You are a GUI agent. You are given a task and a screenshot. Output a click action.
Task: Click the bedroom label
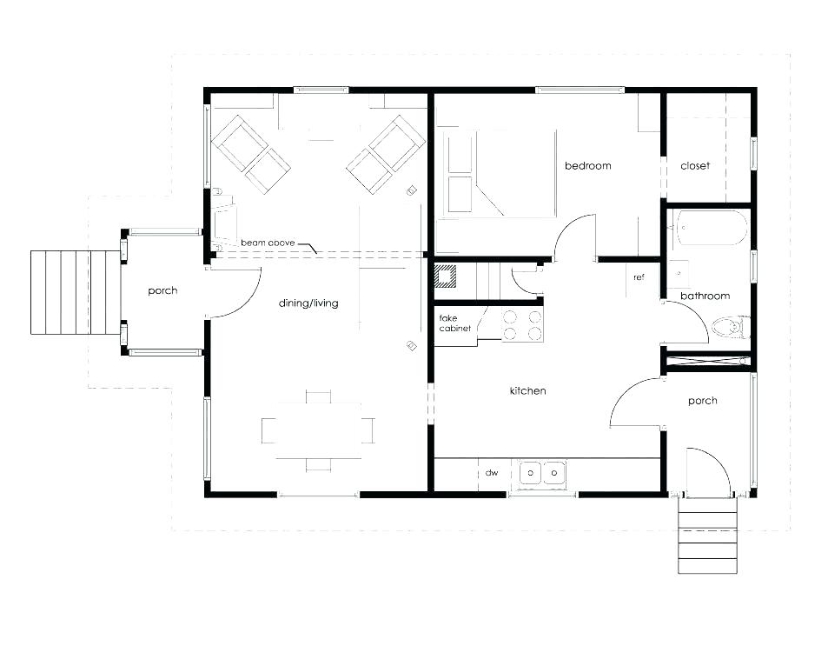(x=587, y=166)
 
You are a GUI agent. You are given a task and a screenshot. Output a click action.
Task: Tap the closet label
(x=695, y=166)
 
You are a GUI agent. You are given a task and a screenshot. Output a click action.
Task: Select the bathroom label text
(x=705, y=296)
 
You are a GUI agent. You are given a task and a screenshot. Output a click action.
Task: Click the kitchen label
(x=527, y=390)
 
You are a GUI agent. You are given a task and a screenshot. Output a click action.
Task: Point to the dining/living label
(x=308, y=303)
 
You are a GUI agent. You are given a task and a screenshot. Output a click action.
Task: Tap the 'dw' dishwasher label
(x=492, y=473)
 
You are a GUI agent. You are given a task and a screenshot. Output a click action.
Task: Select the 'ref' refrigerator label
(x=639, y=277)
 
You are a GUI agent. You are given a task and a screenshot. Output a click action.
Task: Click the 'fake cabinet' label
(x=454, y=323)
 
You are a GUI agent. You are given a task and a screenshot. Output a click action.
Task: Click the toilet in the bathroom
(x=728, y=328)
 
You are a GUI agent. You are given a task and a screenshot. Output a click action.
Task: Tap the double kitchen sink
(x=542, y=473)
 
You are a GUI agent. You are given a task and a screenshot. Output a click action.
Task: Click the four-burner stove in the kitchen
(x=521, y=325)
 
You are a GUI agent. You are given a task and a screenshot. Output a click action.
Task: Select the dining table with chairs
(x=318, y=430)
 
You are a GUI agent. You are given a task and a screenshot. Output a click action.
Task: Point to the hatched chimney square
(x=446, y=276)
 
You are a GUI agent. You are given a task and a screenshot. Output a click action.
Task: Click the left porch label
(x=162, y=290)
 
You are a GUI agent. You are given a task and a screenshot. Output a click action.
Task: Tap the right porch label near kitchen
(x=702, y=401)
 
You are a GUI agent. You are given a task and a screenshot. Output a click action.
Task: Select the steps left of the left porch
(x=75, y=292)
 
